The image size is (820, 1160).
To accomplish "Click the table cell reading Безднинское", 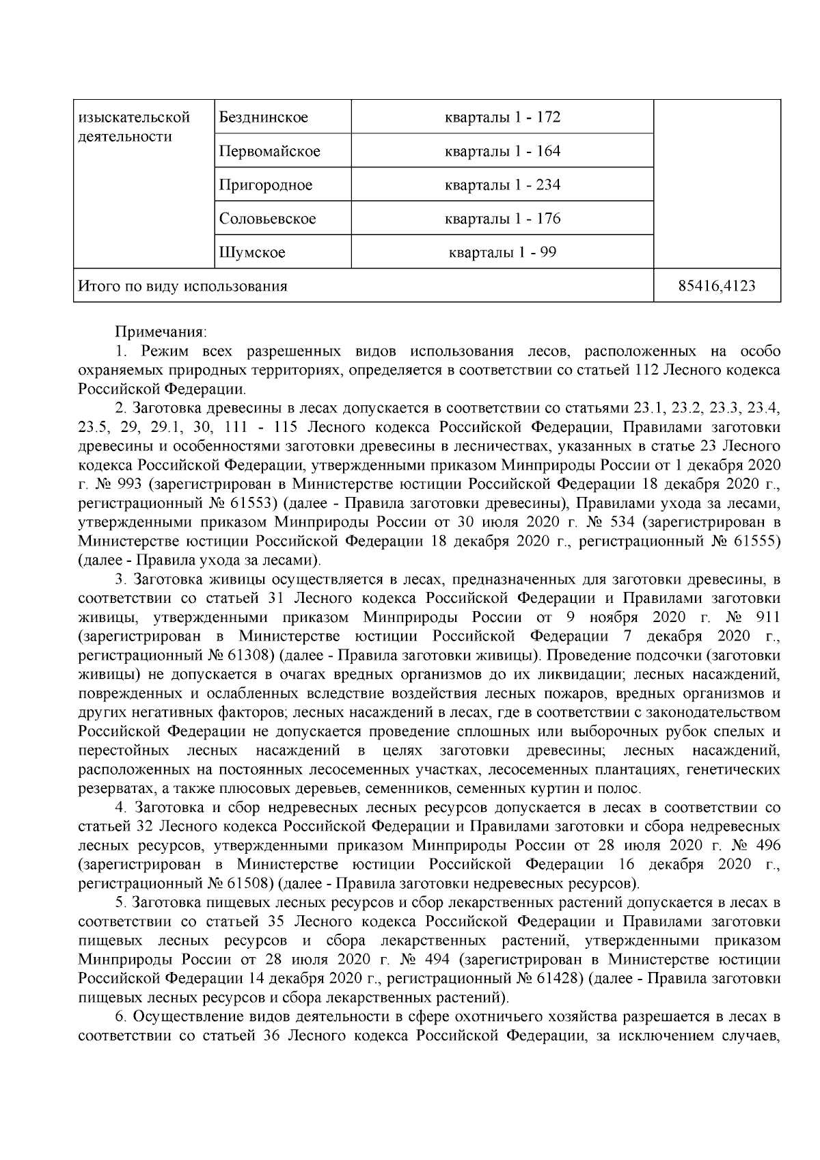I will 264,118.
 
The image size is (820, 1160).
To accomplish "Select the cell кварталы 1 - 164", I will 502,151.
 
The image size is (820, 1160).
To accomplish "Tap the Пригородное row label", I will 266,185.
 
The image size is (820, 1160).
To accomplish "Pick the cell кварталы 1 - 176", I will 502,219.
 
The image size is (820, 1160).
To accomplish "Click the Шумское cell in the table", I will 252,253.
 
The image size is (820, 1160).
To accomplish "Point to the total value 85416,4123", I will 717,286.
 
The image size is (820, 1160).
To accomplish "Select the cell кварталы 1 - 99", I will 502,253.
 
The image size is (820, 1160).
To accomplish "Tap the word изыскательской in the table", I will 134,118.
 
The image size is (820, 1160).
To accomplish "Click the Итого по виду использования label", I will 183,286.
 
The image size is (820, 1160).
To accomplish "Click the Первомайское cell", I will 269,151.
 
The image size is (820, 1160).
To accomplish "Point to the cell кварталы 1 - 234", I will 502,185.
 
